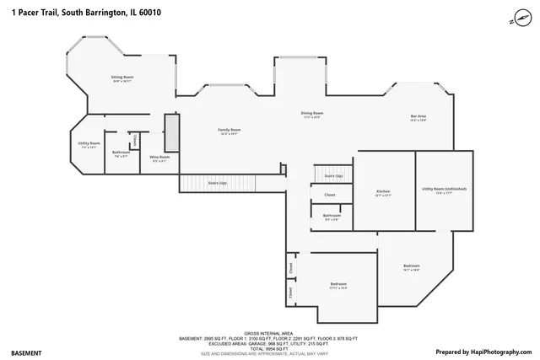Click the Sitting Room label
[x=122, y=78]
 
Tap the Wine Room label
[x=159, y=158]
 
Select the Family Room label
[x=230, y=131]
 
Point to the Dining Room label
[x=312, y=114]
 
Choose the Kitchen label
[x=383, y=193]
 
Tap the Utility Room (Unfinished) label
[x=444, y=190]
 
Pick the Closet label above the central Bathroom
[x=330, y=195]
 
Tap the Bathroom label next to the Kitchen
[x=332, y=217]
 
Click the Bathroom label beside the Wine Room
[x=121, y=153]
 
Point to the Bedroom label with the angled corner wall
[x=412, y=267]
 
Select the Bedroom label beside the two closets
[x=338, y=285]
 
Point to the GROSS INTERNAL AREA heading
[x=267, y=333]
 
